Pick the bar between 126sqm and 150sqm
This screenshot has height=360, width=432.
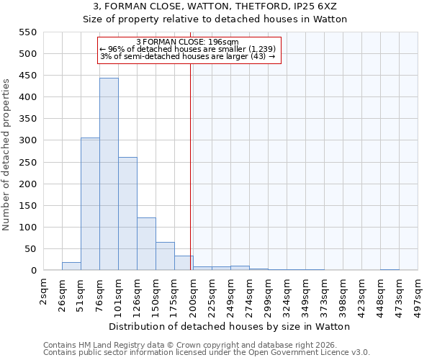[146, 244]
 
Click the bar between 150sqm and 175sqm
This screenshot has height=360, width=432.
[165, 256]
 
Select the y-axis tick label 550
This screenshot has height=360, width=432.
[27, 32]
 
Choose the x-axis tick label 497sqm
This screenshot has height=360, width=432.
[418, 296]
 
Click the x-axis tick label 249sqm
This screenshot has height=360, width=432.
[231, 296]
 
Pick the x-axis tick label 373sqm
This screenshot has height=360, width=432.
[325, 296]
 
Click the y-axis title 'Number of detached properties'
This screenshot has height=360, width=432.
[7, 155]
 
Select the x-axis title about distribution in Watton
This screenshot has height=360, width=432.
[230, 326]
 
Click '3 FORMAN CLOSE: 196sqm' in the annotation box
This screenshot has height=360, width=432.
[188, 42]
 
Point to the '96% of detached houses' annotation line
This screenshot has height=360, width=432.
[188, 49]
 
